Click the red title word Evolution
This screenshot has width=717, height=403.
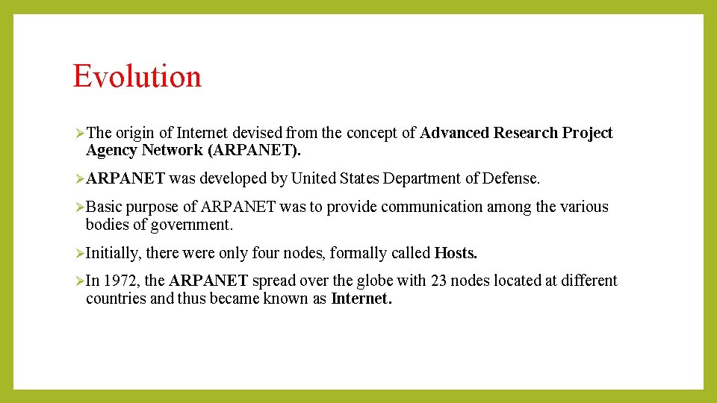[x=137, y=76]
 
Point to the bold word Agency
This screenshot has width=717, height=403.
[x=112, y=150]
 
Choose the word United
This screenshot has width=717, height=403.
[x=314, y=178]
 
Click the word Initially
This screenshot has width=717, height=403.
[x=113, y=253]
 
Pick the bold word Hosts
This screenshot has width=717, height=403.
[x=456, y=253]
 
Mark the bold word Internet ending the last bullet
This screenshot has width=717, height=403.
[x=360, y=299]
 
